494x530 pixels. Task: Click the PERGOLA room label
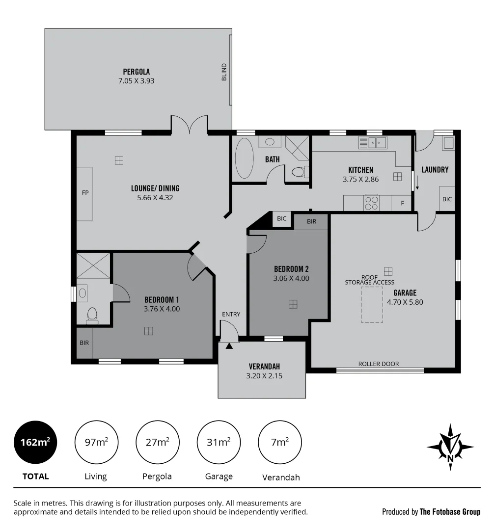coord(136,72)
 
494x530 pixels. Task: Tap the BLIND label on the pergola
coord(224,72)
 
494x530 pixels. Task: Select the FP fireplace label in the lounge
coord(85,193)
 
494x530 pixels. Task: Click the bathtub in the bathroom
coord(244,158)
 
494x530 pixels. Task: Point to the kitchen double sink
coord(376,143)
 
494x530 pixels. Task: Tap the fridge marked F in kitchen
coord(402,203)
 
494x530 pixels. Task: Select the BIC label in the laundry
coord(447,199)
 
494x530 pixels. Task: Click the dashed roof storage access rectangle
coord(372,304)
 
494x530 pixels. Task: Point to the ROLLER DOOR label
coord(379,364)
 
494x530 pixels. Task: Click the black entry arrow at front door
coord(229,346)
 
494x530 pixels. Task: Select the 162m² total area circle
coord(35,442)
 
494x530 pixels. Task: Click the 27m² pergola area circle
coord(157,442)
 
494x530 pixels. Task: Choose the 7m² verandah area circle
coord(279,442)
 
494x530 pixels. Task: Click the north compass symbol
coord(450,447)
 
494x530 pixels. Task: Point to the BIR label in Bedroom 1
coord(84,343)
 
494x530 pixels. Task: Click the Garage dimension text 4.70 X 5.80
coord(405,302)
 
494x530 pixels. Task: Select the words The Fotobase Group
coord(450,512)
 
